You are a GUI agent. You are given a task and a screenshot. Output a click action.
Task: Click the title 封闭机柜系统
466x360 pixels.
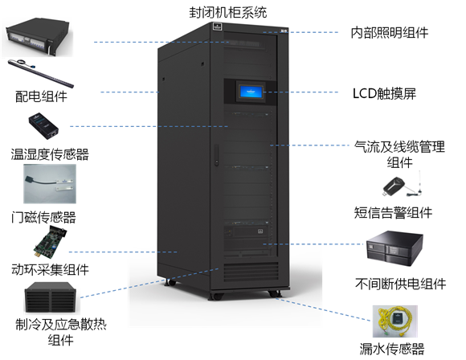[228, 13]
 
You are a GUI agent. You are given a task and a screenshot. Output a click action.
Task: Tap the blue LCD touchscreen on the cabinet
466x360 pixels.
[251, 92]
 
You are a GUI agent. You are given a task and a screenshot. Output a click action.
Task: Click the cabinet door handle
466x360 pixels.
[216, 154]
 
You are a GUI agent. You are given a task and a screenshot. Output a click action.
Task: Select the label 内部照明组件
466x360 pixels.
[390, 32]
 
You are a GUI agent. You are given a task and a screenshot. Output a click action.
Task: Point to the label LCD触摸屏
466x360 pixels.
[384, 93]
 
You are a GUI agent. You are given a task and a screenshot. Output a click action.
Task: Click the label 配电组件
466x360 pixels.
[41, 96]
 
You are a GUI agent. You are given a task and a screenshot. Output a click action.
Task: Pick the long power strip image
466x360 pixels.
[41, 73]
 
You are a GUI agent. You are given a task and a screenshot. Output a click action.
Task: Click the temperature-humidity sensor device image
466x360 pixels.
[43, 125]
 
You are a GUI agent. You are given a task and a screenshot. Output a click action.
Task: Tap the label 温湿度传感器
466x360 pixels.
[50, 154]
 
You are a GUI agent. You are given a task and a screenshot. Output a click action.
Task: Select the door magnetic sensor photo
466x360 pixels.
[50, 184]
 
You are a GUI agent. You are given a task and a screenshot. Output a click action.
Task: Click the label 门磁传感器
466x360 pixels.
[43, 217]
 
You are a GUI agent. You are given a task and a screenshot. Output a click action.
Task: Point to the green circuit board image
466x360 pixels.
[50, 242]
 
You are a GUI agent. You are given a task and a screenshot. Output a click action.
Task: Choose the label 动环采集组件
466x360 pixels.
[50, 269]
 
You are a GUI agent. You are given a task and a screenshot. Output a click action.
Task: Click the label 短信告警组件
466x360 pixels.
[393, 213]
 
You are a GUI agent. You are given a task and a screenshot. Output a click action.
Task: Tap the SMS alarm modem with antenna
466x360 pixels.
[403, 185]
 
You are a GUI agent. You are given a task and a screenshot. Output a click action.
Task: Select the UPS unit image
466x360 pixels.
[394, 248]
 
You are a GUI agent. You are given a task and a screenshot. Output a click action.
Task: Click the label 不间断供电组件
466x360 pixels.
[401, 284]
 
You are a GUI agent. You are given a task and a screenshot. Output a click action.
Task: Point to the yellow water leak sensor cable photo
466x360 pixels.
[395, 321]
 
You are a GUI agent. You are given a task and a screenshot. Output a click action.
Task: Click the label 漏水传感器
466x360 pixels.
[392, 349]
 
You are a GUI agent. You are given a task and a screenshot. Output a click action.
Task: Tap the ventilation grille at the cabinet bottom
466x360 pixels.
[251, 272]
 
